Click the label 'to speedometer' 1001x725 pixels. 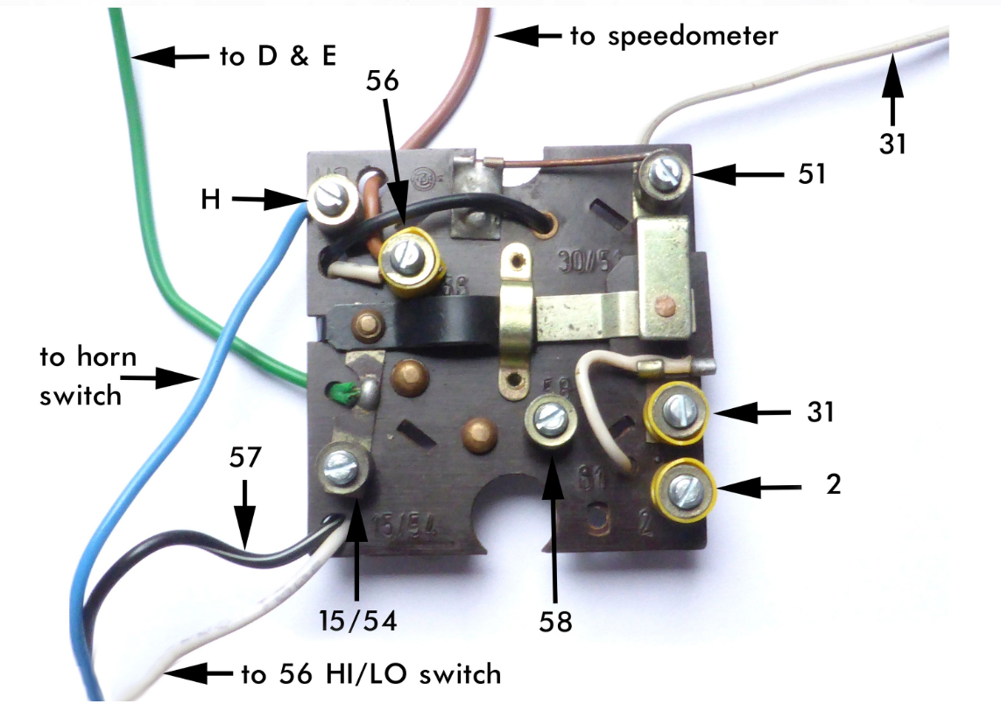673,36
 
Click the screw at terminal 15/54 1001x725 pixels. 343,466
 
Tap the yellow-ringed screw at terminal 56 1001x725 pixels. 408,257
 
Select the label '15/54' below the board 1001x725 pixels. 358,621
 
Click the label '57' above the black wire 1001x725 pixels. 246,459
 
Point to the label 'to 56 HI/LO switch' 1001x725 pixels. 370,674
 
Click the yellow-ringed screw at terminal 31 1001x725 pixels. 676,411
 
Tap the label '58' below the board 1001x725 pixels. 555,622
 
